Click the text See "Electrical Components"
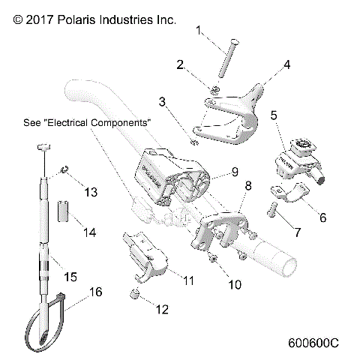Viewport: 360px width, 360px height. [x=87, y=121]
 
